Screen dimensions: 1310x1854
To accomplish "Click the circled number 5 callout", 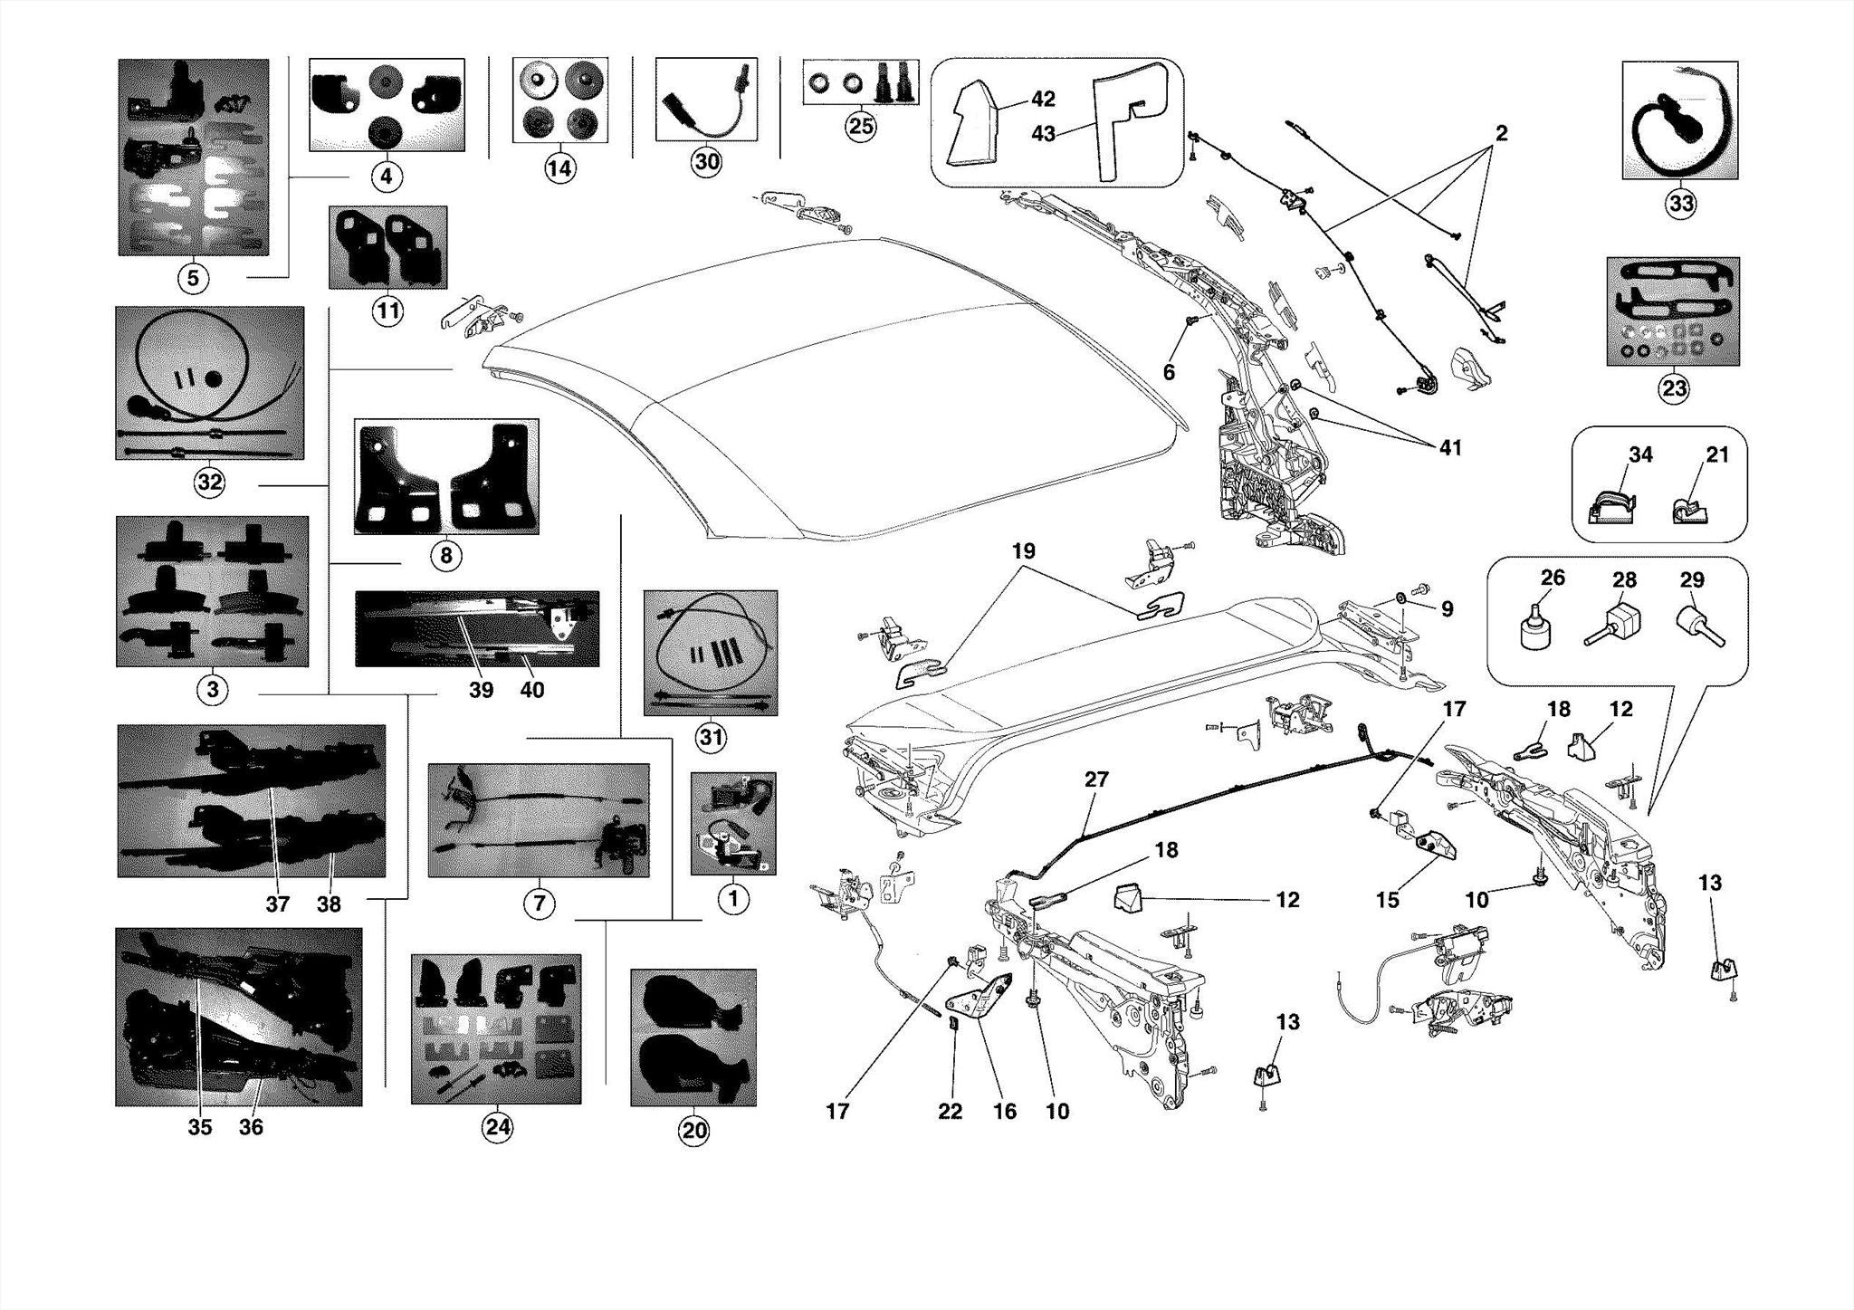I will coord(192,278).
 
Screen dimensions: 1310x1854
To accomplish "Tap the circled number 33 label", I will coord(1681,204).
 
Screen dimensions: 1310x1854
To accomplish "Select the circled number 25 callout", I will coord(860,126).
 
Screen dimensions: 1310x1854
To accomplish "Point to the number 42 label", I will coord(1043,99).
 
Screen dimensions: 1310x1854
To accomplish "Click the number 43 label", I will coord(1043,133).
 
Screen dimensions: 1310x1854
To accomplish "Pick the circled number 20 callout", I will coord(694,1130).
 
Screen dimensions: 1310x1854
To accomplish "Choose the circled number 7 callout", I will coord(539,903).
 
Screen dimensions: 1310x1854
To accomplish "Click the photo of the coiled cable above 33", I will coord(1679,120).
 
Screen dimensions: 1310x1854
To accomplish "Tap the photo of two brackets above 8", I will coord(446,476).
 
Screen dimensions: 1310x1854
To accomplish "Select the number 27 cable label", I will coord(1096,779).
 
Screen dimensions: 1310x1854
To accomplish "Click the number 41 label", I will coord(1450,447).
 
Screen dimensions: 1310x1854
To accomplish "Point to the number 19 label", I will coord(1023,550).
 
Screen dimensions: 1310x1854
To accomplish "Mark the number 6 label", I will coord(1169,372).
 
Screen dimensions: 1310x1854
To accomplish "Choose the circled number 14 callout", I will coord(559,168).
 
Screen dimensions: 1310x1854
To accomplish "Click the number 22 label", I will coord(950,1111).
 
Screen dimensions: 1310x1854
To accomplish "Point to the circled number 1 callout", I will coord(733,899).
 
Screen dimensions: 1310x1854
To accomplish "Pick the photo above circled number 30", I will coord(706,100).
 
